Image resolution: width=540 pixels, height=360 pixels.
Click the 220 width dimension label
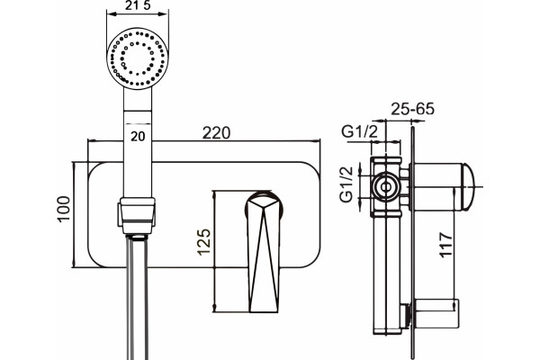pyautogui.click(x=216, y=133)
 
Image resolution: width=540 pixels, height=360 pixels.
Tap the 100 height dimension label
pyautogui.click(x=64, y=209)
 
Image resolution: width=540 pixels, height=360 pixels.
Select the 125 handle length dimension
pyautogui.click(x=204, y=242)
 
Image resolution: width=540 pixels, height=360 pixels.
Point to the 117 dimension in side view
pyautogui.click(x=445, y=245)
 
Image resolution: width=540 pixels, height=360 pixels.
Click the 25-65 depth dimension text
pyautogui.click(x=412, y=109)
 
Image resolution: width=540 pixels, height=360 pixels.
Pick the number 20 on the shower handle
pyautogui.click(x=138, y=137)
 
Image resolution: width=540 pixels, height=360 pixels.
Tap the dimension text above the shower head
pyautogui.click(x=138, y=5)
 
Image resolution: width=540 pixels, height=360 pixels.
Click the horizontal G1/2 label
pyautogui.click(x=359, y=131)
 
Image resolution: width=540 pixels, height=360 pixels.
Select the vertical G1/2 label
pyautogui.click(x=346, y=184)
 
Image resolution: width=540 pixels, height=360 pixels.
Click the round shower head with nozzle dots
pyautogui.click(x=138, y=58)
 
